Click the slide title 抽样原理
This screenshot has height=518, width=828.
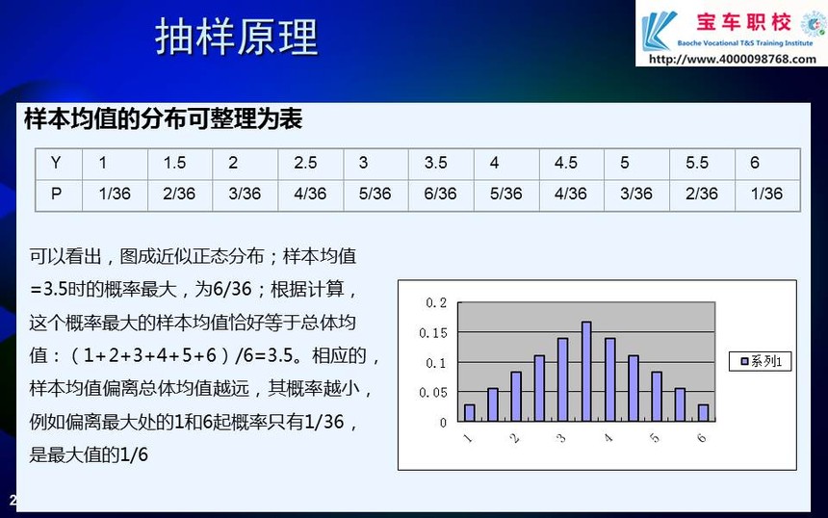tap(237, 37)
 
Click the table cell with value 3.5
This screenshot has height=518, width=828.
tap(435, 163)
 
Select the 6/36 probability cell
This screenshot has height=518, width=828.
tap(440, 194)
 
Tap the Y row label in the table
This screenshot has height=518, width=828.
tap(56, 163)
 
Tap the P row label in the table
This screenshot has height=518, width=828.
tap(56, 194)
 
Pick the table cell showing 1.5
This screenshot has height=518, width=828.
tap(175, 163)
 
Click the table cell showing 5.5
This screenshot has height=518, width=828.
tap(697, 163)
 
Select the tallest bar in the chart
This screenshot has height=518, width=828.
tap(586, 372)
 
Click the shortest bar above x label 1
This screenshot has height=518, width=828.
tap(470, 413)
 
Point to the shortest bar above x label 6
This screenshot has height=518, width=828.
tap(704, 413)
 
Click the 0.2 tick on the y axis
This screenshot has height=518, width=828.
tap(436, 302)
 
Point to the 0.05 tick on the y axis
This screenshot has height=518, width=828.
tap(433, 392)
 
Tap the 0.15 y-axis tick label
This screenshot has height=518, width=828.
tap(433, 333)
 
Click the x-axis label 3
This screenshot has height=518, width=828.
tap(561, 438)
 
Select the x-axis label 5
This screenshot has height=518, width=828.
tap(655, 438)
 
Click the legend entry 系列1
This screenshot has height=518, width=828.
tap(761, 361)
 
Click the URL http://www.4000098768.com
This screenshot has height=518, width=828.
tap(733, 59)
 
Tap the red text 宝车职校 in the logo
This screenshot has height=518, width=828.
tap(743, 23)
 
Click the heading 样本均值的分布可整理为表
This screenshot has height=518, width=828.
tap(163, 118)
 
